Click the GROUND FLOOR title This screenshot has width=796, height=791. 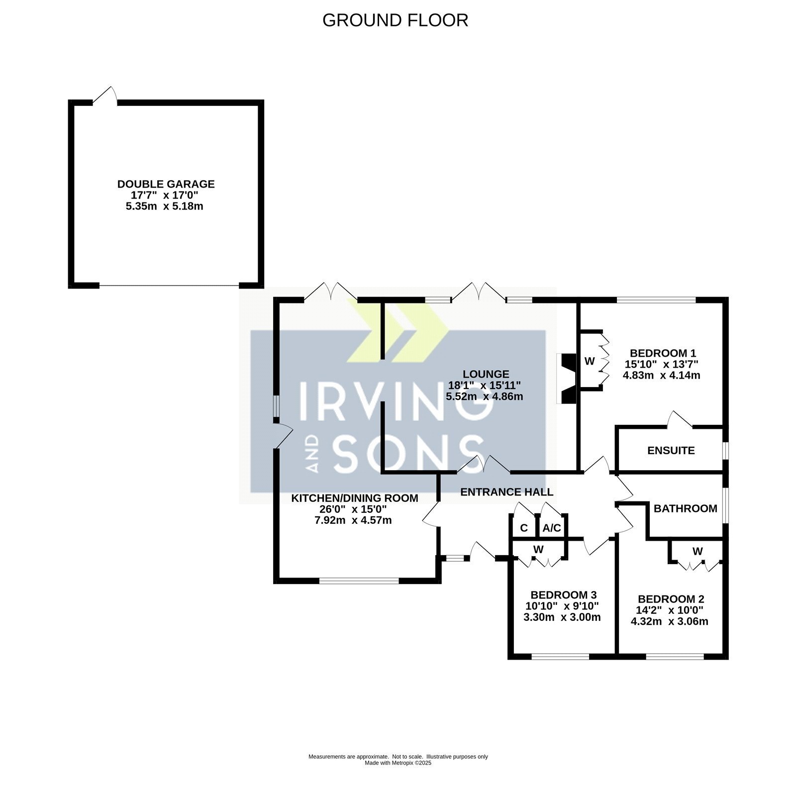395,20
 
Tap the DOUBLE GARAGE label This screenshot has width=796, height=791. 166,184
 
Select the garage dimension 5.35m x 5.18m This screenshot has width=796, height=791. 165,206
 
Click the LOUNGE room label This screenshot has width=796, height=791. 486,374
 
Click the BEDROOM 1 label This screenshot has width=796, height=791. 662,353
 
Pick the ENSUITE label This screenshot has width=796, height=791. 671,451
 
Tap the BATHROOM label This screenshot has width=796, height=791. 686,508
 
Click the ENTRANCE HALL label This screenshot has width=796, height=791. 507,492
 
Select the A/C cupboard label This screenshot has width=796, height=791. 552,528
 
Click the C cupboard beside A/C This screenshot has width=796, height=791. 524,528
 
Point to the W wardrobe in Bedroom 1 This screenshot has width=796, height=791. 590,361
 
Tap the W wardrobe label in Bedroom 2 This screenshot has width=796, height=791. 697,551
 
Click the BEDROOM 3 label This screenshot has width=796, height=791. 564,595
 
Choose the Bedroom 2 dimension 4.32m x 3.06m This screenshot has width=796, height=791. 670,621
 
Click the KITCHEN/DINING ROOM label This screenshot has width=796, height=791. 355,498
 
